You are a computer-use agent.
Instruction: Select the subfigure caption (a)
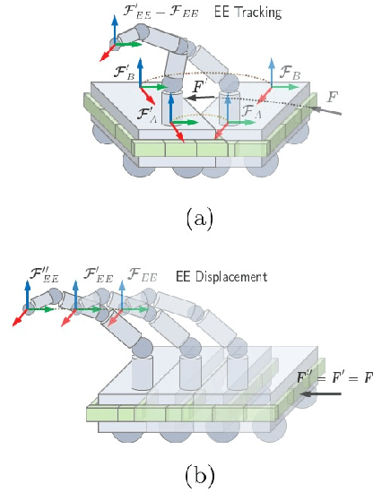coord(198,217)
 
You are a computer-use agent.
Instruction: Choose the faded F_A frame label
coord(253,111)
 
